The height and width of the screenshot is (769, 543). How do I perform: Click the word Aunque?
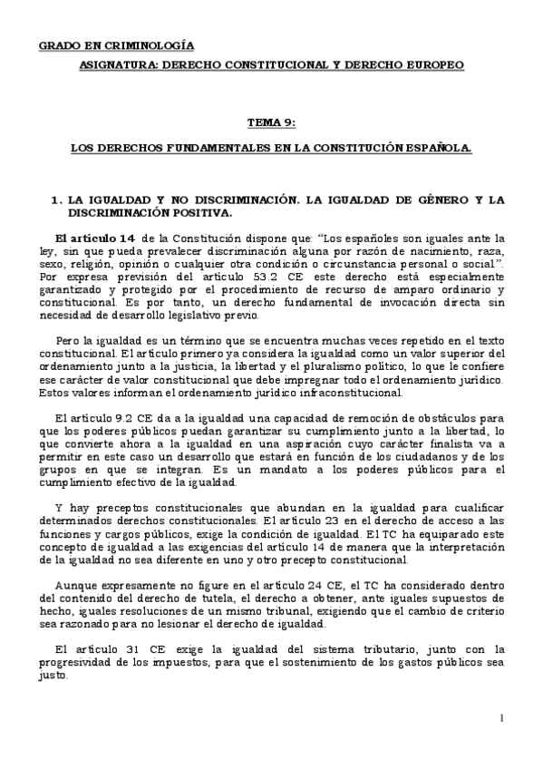pyautogui.click(x=77, y=585)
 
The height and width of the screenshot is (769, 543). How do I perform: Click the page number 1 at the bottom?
pyautogui.click(x=500, y=718)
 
